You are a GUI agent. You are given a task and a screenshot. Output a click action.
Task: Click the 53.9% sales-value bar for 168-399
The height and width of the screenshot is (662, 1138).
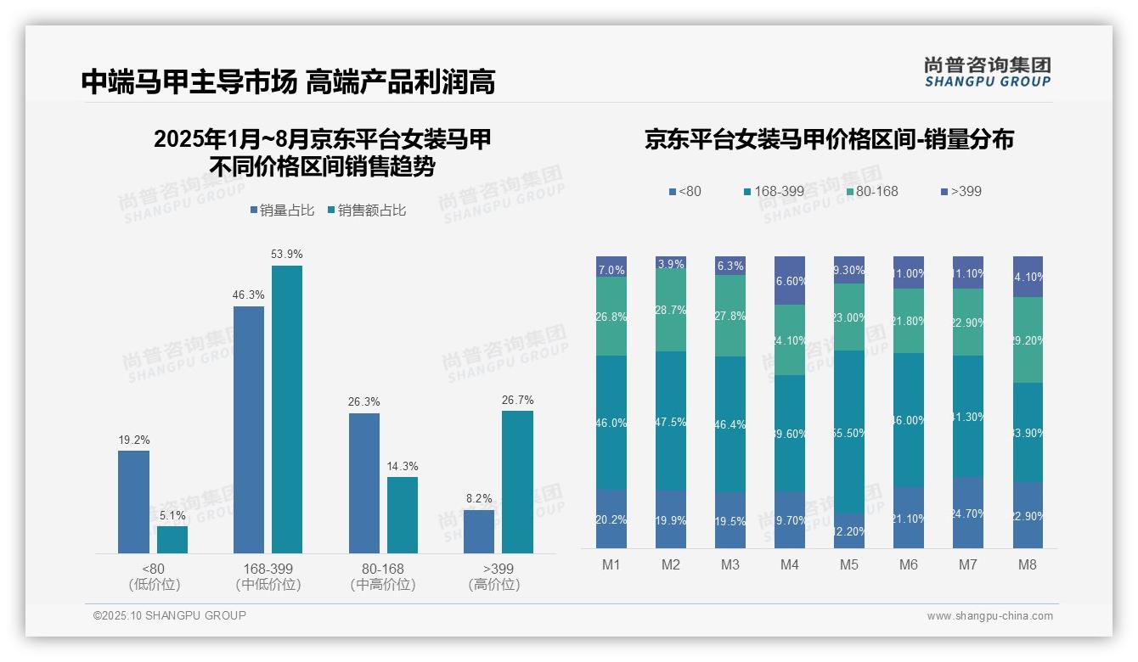(x=287, y=409)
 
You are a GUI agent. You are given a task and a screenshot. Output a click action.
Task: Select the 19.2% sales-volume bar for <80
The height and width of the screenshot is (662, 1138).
(x=133, y=502)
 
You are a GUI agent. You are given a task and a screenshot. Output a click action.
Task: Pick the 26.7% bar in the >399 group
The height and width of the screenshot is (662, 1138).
(x=517, y=482)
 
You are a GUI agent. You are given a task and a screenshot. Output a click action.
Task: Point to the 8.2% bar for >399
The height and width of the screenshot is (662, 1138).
(x=479, y=531)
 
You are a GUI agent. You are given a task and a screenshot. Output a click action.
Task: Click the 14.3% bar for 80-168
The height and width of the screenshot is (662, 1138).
(x=403, y=515)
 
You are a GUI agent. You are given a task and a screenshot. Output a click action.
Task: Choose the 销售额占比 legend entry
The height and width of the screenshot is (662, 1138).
(x=366, y=210)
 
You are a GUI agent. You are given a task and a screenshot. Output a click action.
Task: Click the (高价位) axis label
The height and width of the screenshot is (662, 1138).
(x=493, y=585)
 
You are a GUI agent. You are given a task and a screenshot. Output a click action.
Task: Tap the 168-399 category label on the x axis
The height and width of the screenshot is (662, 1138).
(x=268, y=568)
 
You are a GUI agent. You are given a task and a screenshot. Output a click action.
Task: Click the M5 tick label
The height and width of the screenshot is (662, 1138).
(x=849, y=564)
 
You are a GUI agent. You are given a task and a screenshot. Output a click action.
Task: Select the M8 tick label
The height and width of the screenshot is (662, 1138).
(x=1028, y=564)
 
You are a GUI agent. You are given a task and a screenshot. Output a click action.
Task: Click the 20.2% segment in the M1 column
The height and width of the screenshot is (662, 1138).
(x=611, y=519)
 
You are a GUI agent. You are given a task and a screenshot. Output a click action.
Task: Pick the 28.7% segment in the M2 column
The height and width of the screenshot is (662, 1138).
(x=671, y=311)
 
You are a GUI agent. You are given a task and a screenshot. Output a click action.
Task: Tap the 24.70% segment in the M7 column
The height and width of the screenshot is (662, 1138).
(x=968, y=513)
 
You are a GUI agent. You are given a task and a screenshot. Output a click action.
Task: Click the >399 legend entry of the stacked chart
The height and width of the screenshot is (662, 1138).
(x=961, y=191)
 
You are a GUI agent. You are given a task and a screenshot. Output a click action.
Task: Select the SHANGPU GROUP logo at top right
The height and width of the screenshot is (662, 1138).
(x=987, y=72)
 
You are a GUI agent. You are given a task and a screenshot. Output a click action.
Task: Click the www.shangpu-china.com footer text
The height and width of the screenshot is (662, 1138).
(x=989, y=616)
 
